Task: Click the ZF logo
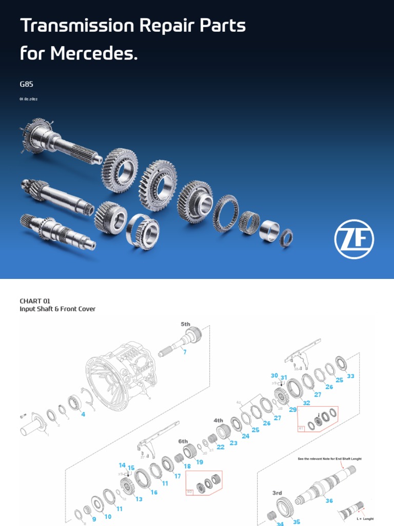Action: point(354,240)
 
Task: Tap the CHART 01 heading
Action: point(35,301)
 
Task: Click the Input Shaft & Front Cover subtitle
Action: point(57,309)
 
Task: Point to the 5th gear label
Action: point(185,324)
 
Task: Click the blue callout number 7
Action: point(185,352)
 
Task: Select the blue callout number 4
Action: point(83,414)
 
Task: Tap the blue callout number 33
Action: point(350,376)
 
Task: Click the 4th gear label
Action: point(219,420)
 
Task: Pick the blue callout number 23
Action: point(233,442)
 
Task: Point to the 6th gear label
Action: point(183,441)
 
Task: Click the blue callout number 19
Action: point(199,462)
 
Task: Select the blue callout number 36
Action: point(329,501)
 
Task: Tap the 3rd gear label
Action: point(277,493)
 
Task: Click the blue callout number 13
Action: point(139,499)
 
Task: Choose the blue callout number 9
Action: point(94,519)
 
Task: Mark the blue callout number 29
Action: point(292,409)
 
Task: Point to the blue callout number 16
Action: point(154,492)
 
